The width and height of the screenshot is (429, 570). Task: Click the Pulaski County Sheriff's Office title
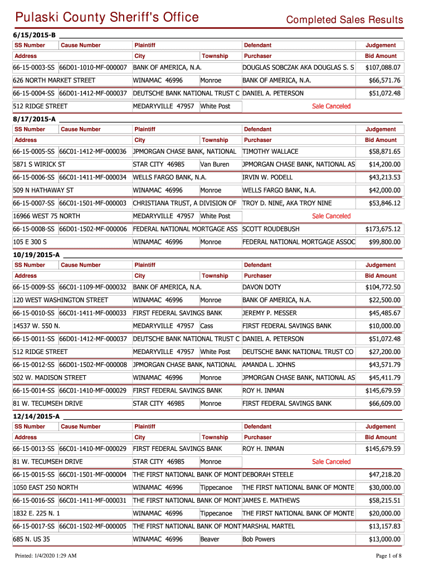coord(106,17)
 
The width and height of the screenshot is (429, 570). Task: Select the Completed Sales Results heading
coord(344,20)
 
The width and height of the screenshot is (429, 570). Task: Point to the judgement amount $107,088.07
coord(383,68)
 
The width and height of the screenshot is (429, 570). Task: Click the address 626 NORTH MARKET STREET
coord(54,81)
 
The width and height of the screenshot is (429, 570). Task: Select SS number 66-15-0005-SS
coord(34,151)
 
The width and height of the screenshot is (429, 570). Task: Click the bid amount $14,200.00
coord(384,164)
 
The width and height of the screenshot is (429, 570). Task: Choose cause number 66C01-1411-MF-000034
coord(93,177)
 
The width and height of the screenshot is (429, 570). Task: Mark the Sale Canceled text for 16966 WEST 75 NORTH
coord(331,216)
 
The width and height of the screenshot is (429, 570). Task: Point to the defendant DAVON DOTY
coord(262,287)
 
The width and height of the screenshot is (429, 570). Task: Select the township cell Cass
coord(207,326)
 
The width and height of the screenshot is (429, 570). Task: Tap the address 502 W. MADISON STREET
coord(50,378)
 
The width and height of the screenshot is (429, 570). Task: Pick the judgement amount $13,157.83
coord(384,526)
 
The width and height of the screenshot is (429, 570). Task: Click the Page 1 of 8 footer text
coord(389,556)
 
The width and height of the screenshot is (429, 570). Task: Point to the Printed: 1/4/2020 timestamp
coord(46,556)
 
